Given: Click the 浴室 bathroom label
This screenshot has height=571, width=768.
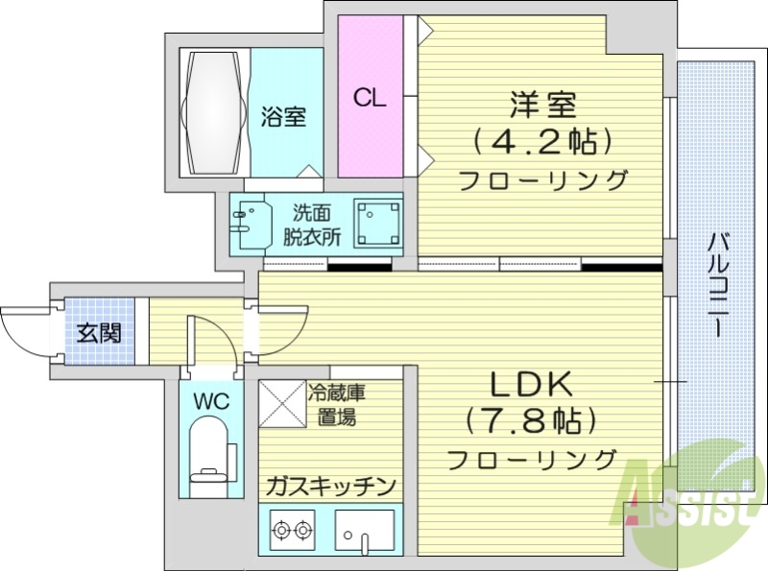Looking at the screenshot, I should [x=283, y=117].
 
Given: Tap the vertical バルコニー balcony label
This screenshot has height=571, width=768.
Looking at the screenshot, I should [x=718, y=283].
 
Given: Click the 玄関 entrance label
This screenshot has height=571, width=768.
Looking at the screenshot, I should [x=98, y=334].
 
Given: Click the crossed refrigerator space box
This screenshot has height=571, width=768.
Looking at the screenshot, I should [x=280, y=404].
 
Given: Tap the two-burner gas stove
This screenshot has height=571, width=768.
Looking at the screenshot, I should [x=292, y=527].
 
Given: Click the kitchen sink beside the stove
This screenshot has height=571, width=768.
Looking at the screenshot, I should [x=364, y=530].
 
